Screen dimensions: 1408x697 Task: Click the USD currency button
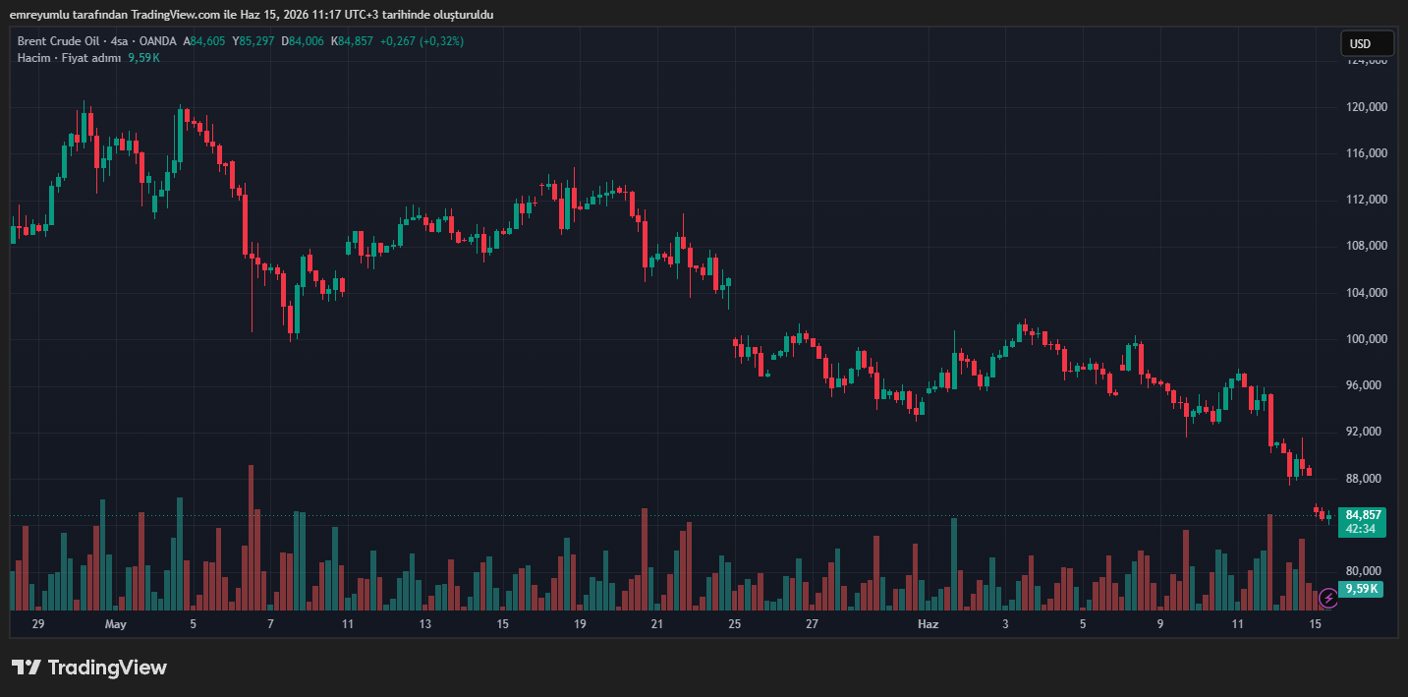[1367, 44]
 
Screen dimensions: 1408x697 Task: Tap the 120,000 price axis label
[1367, 107]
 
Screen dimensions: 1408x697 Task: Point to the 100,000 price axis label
[1367, 339]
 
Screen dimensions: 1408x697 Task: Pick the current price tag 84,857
[1363, 515]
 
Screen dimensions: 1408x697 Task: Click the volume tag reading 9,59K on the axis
[1362, 589]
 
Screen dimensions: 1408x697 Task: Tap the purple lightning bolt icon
[1328, 598]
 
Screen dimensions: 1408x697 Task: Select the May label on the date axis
[116, 624]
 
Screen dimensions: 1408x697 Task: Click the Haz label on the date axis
[928, 624]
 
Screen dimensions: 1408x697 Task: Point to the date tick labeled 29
[38, 624]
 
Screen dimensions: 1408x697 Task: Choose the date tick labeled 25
[734, 624]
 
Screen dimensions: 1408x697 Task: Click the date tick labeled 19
[580, 624]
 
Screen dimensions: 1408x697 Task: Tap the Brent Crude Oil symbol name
[58, 41]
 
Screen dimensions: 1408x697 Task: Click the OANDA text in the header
[158, 41]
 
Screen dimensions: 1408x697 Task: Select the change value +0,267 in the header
[397, 41]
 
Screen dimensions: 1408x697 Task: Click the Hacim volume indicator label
[33, 58]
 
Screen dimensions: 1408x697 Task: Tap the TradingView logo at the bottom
[89, 668]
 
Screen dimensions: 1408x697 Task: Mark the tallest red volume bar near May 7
[251, 538]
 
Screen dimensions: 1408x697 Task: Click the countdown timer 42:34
[1361, 529]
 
